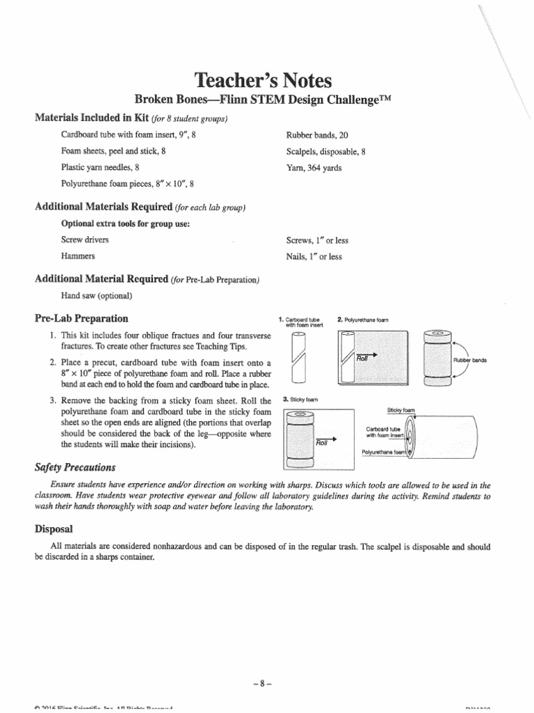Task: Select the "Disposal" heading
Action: point(53,529)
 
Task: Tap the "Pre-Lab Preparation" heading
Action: point(81,318)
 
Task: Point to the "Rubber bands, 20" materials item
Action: point(313,134)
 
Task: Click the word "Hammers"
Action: point(78,256)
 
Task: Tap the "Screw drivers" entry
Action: point(85,240)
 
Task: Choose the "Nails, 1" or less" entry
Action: point(314,256)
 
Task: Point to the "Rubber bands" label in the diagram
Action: point(469,360)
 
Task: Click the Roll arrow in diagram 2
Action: point(366,356)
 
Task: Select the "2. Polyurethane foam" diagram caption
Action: point(362,320)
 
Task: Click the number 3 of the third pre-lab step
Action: point(52,401)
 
